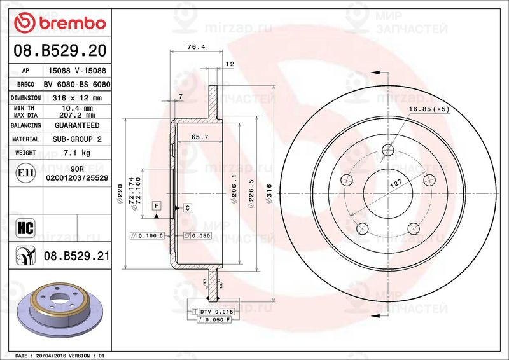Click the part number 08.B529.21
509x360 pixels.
tap(77, 256)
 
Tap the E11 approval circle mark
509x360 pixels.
tap(25, 172)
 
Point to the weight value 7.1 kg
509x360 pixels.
tap(77, 153)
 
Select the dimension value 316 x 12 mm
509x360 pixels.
tap(77, 98)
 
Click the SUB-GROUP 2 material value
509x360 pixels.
tap(77, 139)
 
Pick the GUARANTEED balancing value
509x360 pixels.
tap(77, 125)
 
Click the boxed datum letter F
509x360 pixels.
tap(157, 205)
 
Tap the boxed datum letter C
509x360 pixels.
tap(188, 208)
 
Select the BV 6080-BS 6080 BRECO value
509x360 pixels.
tap(77, 85)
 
